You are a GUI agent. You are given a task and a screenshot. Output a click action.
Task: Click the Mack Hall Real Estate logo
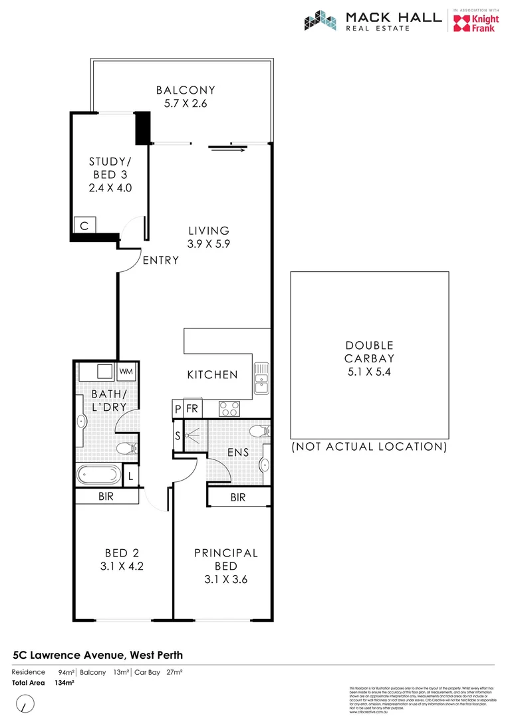(372, 21)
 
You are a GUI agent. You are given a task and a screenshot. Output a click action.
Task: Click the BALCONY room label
(186, 90)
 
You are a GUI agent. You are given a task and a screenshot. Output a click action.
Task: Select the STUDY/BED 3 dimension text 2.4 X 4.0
(110, 187)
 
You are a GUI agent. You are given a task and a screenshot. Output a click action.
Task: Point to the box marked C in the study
(84, 226)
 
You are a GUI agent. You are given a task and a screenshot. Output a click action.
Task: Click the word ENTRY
(161, 260)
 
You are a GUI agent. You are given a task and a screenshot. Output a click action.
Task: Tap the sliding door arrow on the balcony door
(227, 148)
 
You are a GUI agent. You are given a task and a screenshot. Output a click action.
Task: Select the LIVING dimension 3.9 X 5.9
(208, 244)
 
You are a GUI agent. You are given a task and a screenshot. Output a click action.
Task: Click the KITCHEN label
(212, 375)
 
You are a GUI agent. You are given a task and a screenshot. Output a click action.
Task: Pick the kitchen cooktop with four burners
(230, 408)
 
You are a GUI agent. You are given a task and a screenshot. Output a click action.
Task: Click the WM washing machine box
(126, 371)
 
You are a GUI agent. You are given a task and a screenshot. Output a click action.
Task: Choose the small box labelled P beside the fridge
(178, 409)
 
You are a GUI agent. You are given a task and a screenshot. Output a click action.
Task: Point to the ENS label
(238, 452)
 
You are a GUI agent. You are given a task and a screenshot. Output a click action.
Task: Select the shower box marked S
(178, 437)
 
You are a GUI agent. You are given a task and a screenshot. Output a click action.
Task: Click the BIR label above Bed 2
(106, 496)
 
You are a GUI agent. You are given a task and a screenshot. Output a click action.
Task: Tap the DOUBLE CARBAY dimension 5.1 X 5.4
(369, 371)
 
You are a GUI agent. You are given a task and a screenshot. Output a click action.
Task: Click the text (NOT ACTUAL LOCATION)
(369, 447)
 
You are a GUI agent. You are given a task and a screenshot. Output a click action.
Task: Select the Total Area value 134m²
(64, 683)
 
